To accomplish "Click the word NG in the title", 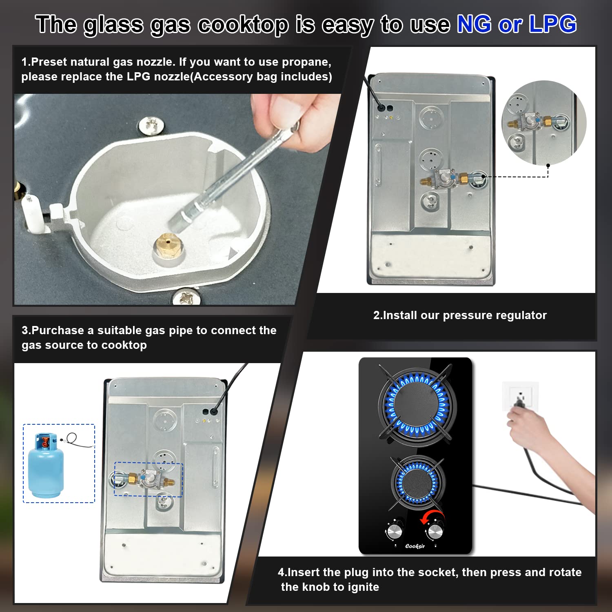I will point(474,24).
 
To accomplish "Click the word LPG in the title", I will point(552,24).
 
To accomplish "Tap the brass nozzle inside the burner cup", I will point(168,244).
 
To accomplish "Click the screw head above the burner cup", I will point(151,125).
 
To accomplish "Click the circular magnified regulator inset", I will point(544,122).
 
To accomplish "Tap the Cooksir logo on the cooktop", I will point(415,546).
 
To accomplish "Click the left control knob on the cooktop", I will point(394,531).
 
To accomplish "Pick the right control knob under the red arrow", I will point(435,532).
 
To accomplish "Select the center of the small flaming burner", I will point(417,481).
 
